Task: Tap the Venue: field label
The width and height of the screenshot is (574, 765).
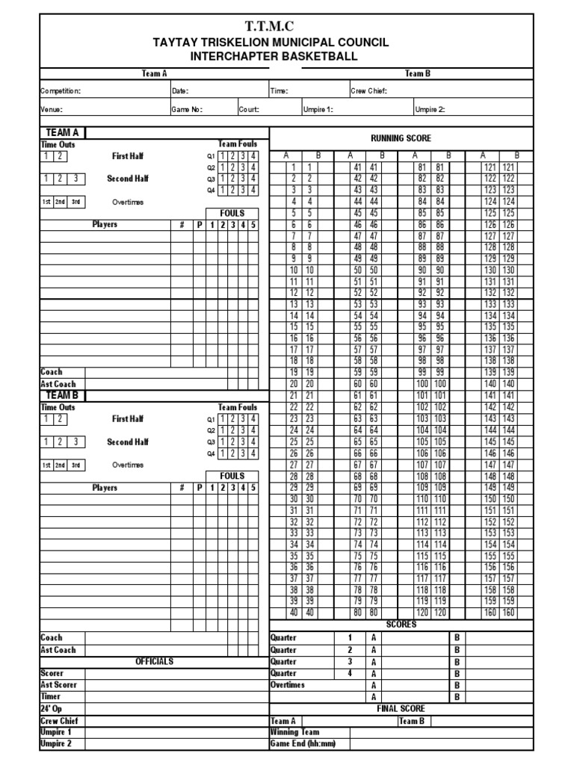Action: [52, 109]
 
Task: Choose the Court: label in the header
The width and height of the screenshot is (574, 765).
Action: [249, 109]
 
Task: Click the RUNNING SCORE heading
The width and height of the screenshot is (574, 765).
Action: [401, 138]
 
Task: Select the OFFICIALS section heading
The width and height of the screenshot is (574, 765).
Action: [155, 661]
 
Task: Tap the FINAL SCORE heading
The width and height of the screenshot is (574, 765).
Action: [401, 708]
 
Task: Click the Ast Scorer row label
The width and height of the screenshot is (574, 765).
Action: [58, 684]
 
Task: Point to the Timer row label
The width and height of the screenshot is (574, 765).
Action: [50, 696]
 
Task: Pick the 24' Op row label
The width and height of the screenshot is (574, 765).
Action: [50, 708]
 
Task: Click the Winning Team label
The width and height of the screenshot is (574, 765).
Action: [294, 732]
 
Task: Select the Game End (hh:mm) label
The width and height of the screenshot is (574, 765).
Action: [302, 744]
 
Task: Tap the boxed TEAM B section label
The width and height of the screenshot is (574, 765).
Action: [63, 394]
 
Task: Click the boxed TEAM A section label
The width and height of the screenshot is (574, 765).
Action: [63, 132]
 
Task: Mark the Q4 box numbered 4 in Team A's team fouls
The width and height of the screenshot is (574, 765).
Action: [254, 190]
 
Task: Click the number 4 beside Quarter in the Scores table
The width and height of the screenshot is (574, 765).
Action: [349, 673]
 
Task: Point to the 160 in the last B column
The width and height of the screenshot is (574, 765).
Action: [509, 613]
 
